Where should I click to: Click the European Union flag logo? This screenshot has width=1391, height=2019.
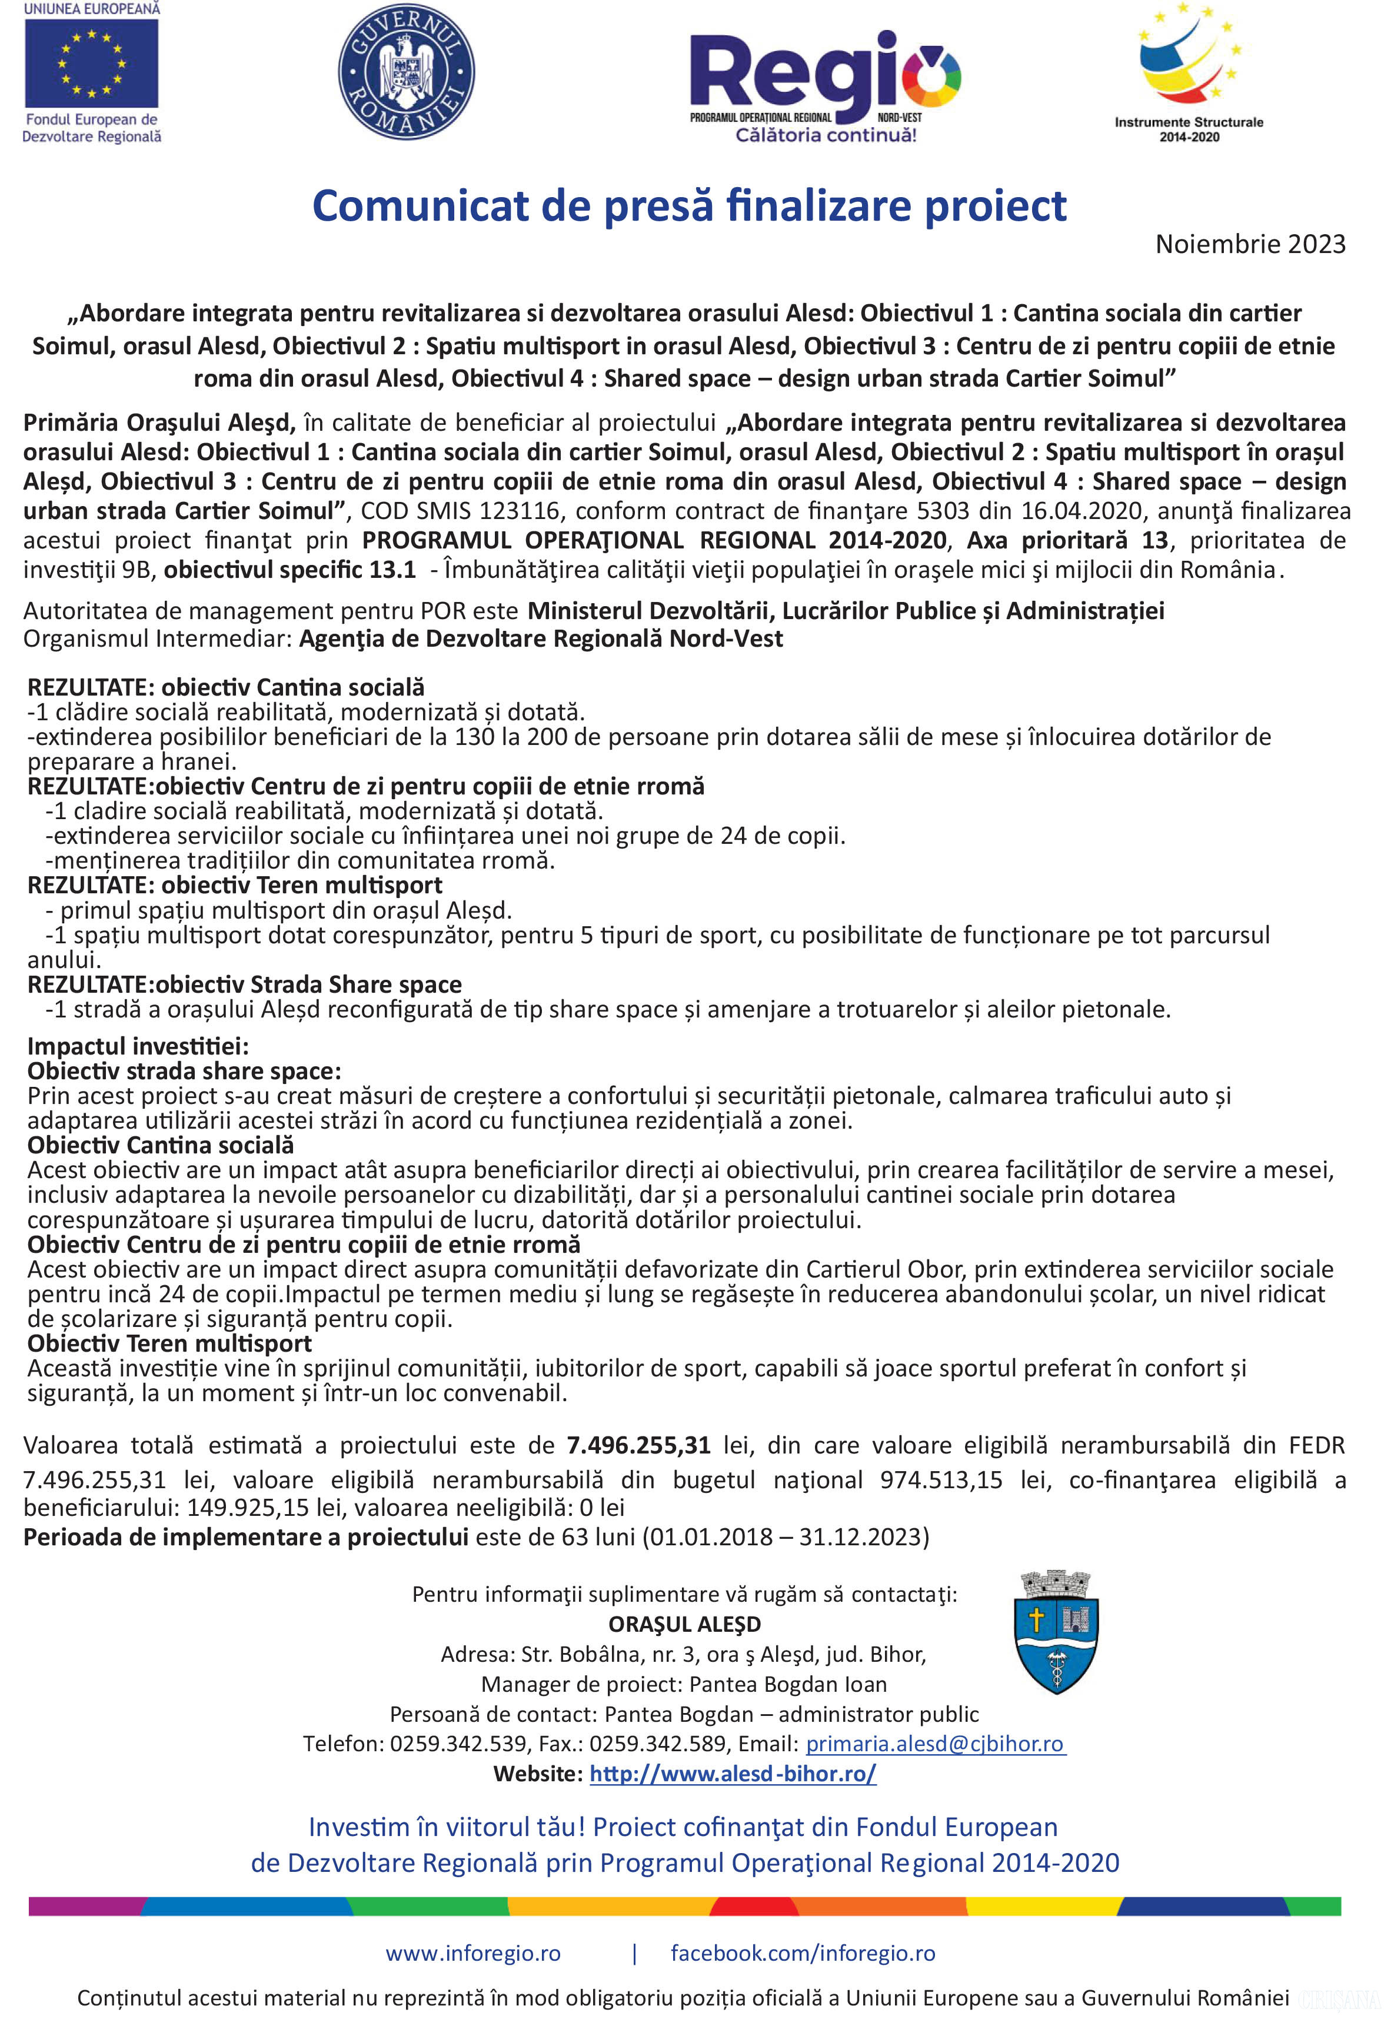point(92,65)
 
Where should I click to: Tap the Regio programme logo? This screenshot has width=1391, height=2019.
point(824,85)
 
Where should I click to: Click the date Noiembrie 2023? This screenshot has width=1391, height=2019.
point(1250,244)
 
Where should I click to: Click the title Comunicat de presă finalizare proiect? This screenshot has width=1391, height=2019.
point(688,207)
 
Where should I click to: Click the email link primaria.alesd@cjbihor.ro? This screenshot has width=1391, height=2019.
point(934,1744)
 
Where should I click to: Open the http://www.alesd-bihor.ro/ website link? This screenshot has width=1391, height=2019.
point(732,1773)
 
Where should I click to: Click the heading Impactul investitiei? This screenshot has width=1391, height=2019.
point(138,1046)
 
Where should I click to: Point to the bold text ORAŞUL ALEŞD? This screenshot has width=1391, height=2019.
point(684,1624)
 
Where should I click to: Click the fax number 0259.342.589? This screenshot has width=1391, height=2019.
point(657,1744)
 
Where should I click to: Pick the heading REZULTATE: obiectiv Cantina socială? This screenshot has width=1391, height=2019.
point(226,687)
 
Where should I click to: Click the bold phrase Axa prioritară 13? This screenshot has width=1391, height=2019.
point(1067,540)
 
